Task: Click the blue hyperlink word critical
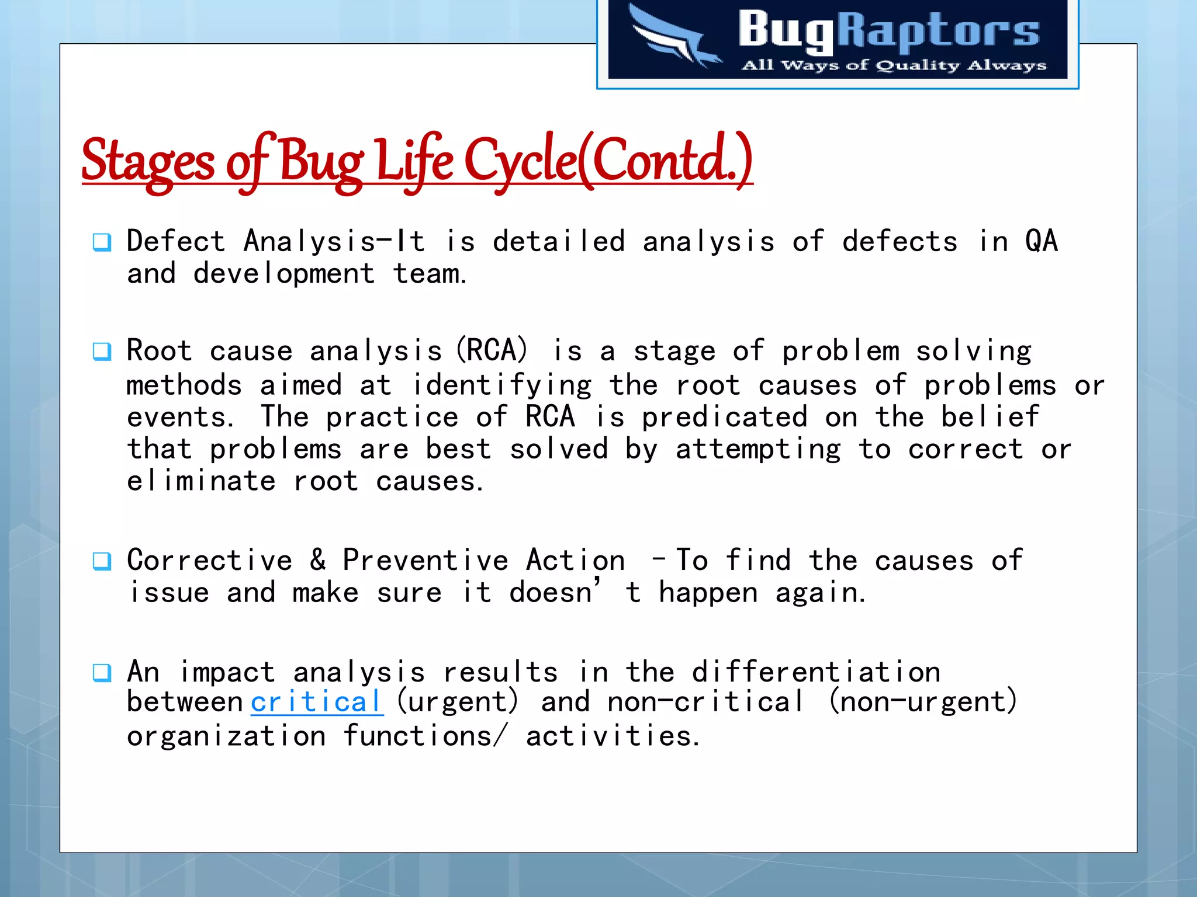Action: pos(317,701)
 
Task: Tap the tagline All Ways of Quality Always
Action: pos(894,65)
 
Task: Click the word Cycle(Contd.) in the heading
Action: pos(608,161)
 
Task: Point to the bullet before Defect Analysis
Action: pos(102,242)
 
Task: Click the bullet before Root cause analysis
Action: pos(102,351)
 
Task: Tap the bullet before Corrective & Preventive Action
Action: pos(102,561)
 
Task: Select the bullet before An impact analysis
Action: pos(102,673)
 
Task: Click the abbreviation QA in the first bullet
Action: pos(1041,241)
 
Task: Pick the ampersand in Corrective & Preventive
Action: pos(318,559)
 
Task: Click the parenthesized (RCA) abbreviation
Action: pos(492,350)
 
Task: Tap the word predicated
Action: pos(725,417)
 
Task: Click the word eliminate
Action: pos(201,481)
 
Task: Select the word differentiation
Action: pos(816,672)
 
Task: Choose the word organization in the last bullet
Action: pos(226,736)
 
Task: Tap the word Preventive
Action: pos(425,560)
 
